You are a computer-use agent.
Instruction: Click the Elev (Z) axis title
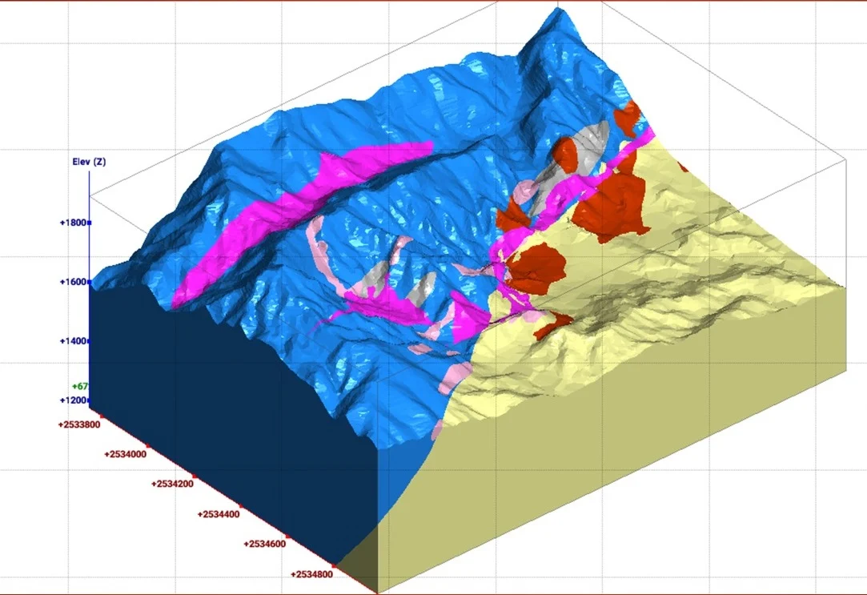(x=89, y=162)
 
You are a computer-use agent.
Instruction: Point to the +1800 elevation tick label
(x=73, y=223)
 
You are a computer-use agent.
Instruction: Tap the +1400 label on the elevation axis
(x=73, y=341)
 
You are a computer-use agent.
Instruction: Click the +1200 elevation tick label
(x=73, y=400)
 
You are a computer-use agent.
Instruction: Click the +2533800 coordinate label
(x=78, y=424)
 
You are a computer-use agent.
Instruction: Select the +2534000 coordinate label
(x=126, y=454)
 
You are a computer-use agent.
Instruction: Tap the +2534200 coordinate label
(x=173, y=484)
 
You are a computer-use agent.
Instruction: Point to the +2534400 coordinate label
(x=219, y=514)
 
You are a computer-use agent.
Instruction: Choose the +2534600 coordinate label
(x=266, y=545)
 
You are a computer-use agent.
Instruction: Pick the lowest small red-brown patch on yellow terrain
(x=552, y=324)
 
